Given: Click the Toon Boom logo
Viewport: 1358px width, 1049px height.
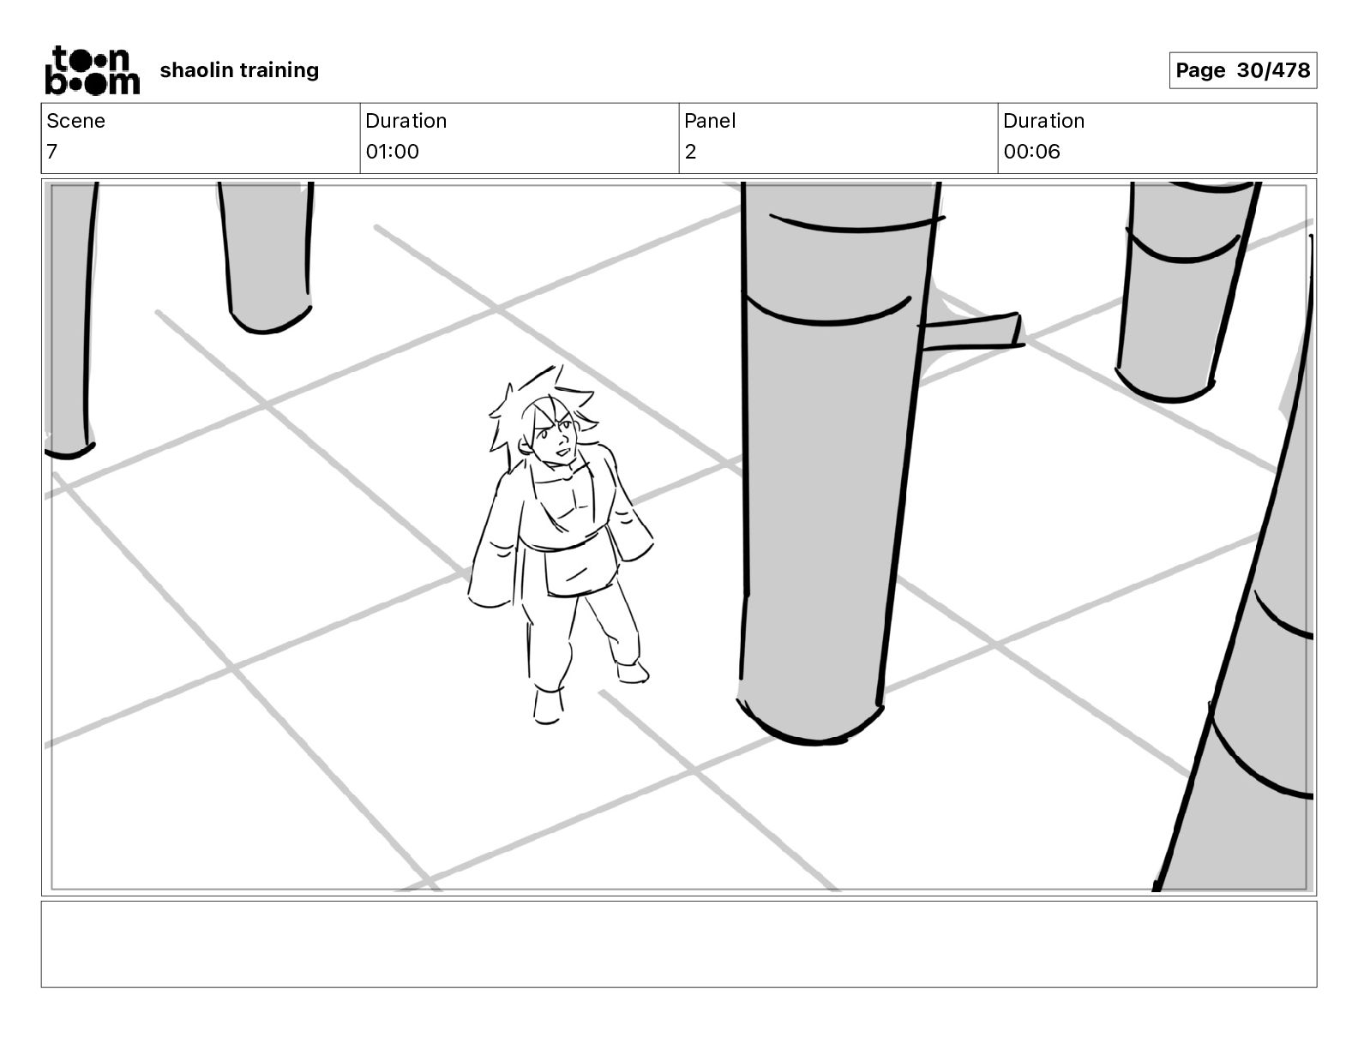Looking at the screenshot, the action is (92, 70).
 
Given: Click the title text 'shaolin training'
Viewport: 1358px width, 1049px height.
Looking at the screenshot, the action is (239, 70).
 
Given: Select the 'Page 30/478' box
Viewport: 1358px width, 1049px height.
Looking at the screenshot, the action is (1242, 70).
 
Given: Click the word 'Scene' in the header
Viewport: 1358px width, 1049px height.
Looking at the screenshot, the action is (75, 121).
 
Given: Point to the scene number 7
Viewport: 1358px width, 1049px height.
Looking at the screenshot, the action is (52, 152).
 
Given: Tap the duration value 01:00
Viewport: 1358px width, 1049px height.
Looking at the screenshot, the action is (392, 152).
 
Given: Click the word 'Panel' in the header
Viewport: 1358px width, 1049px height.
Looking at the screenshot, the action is (710, 121).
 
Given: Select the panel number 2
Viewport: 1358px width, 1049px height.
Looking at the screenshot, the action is (690, 152).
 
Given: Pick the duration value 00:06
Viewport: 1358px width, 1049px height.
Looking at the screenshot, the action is (1031, 152).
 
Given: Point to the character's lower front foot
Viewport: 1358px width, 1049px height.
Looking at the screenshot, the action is (547, 705).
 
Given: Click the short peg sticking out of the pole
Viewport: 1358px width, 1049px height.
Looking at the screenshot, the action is (973, 332).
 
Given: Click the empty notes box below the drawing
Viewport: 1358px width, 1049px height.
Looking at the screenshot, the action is (678, 944).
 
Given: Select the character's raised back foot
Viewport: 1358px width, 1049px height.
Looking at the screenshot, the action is (632, 670).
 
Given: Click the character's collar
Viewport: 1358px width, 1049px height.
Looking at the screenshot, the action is (562, 476).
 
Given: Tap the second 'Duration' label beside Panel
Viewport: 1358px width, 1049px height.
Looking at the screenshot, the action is (1043, 121).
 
